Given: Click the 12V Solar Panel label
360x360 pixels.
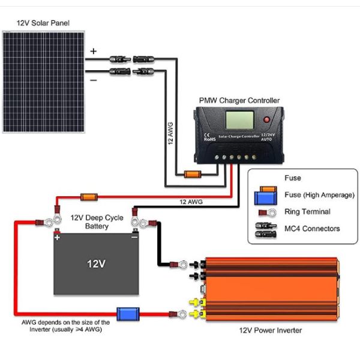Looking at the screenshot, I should click(43, 23).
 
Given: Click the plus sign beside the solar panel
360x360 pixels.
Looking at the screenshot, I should click(93, 52).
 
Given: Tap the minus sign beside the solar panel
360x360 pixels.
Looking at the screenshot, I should click(93, 79).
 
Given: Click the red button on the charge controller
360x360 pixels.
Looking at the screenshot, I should click(266, 121).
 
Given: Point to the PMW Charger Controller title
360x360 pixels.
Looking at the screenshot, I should click(239, 100).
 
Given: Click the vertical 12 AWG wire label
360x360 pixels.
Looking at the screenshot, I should click(170, 133).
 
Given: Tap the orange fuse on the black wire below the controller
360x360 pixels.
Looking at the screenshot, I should click(191, 175).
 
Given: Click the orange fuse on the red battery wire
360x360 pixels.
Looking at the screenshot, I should click(89, 196).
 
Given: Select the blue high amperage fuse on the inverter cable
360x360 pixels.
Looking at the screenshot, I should click(127, 313).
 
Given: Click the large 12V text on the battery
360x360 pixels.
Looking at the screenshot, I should click(96, 263).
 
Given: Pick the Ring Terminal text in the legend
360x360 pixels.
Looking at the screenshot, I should click(307, 212).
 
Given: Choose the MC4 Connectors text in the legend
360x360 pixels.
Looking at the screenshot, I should click(312, 229).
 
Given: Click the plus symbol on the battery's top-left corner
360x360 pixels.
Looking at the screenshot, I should click(58, 237).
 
